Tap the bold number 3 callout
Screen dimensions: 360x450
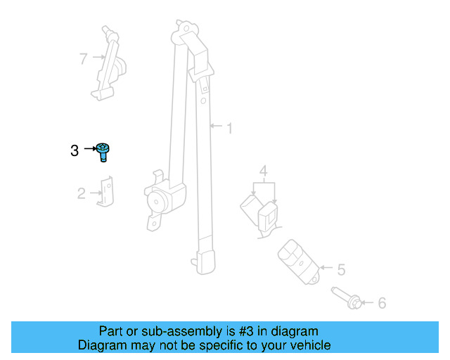[x=75, y=150]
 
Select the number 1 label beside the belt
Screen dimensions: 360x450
[x=229, y=128]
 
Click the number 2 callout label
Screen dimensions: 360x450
[x=81, y=193]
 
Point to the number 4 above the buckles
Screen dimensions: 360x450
[x=263, y=171]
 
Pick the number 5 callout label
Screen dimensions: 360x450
[x=341, y=269]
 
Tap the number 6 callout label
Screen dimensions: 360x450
[x=382, y=303]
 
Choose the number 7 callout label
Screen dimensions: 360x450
[x=83, y=58]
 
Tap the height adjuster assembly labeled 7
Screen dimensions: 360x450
[x=108, y=63]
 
